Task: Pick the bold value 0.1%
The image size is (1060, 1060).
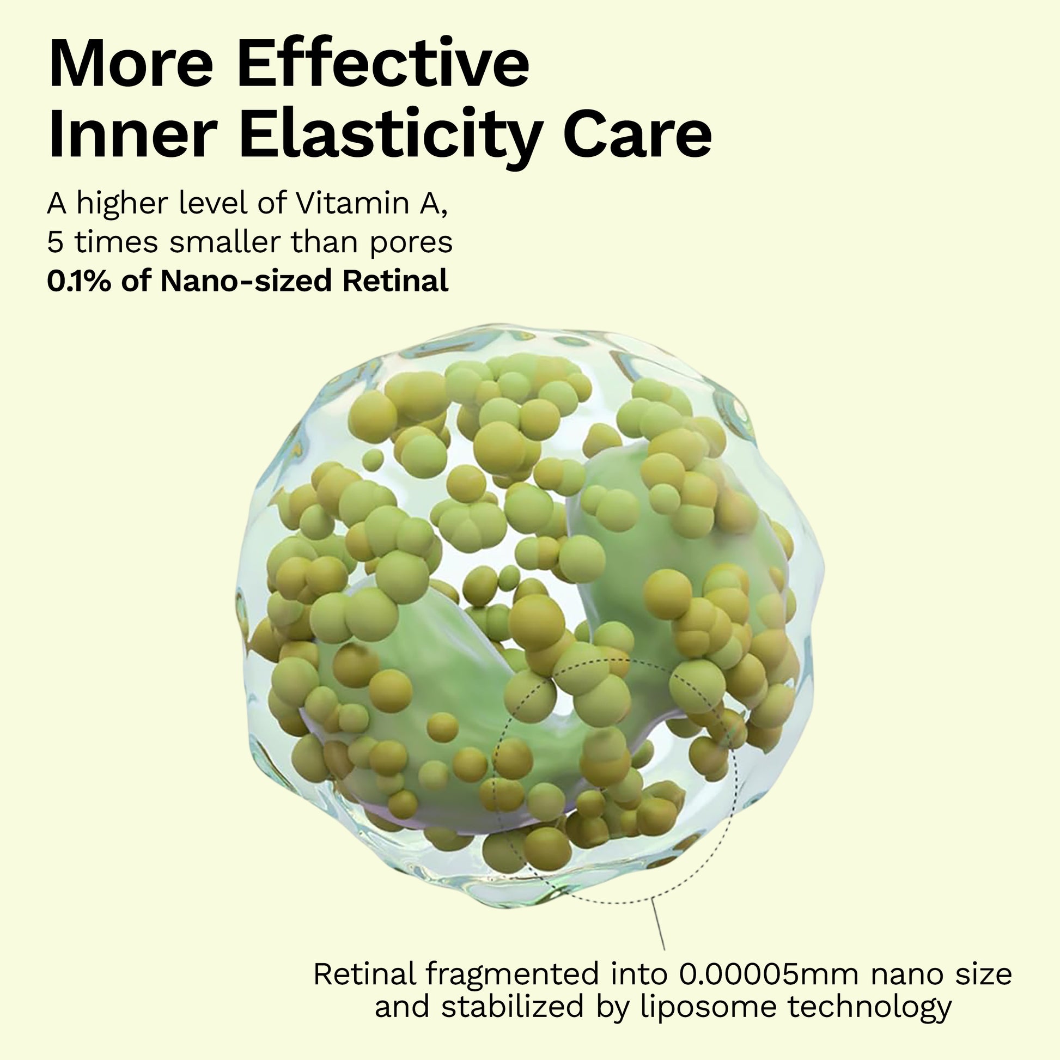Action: (80, 281)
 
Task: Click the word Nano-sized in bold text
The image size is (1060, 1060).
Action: (246, 281)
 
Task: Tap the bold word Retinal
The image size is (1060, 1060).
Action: (395, 281)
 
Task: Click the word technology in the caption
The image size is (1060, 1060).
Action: (869, 1008)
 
